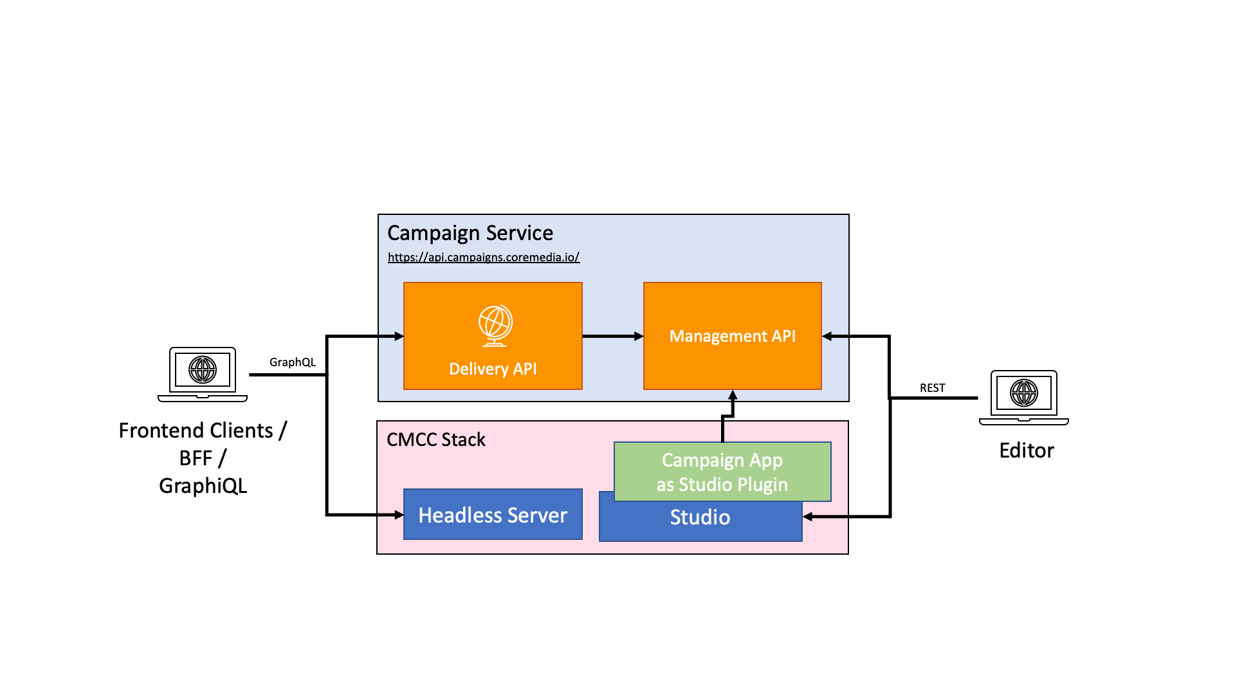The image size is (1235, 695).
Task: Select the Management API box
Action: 732,336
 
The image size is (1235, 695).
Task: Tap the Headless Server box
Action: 493,515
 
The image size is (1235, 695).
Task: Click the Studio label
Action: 700,517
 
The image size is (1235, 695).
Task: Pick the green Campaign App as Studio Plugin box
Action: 722,472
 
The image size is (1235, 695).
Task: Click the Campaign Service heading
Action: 470,233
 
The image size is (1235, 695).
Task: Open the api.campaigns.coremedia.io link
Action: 484,257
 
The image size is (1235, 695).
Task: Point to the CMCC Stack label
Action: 435,440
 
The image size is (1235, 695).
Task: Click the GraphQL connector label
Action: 293,362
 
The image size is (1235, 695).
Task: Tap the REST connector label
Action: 932,388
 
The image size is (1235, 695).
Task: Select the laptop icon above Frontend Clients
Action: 203,374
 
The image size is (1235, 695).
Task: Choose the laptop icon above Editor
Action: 1023,397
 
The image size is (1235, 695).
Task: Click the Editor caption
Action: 1026,450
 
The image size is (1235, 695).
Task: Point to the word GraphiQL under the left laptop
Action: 203,486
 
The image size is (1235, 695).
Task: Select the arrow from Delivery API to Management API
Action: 612,336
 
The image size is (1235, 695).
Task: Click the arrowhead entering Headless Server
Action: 399,515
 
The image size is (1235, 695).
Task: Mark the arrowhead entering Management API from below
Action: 732,394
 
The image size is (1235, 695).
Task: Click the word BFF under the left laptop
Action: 196,458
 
